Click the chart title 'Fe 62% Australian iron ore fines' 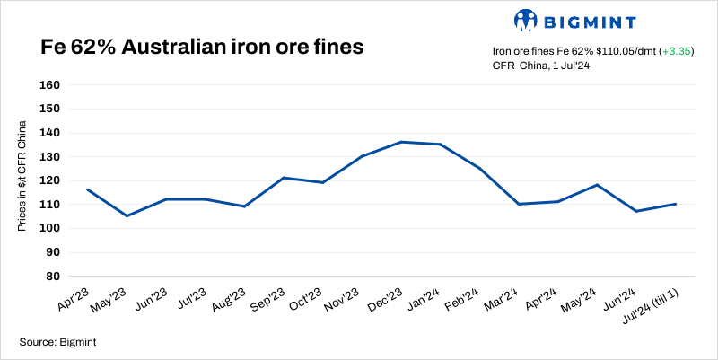201,48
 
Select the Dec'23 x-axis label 386,300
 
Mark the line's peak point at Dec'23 401,142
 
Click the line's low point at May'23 126,216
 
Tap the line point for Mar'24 520,204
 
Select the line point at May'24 597,185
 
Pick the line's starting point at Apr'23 87,189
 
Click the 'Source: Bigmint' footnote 57,341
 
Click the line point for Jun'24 636,211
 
